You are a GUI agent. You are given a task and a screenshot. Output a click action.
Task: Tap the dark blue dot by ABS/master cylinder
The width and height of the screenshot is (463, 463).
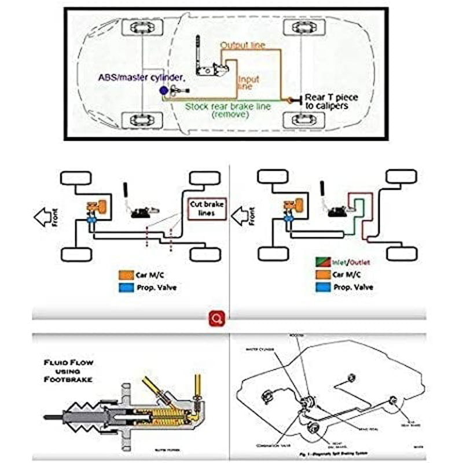click(x=164, y=90)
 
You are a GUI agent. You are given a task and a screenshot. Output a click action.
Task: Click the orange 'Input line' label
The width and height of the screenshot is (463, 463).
click(x=248, y=83)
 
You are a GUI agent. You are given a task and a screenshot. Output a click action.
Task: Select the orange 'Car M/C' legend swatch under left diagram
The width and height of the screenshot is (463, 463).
click(x=124, y=275)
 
